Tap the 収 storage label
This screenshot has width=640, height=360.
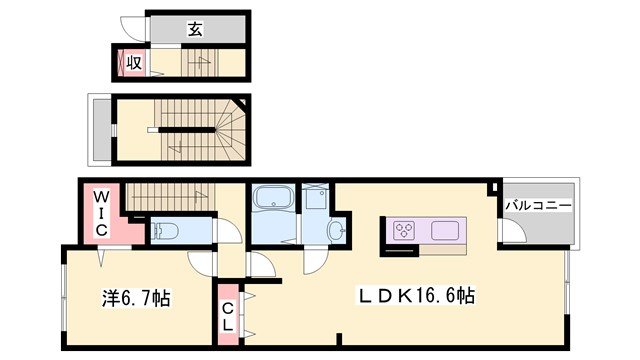click(132, 63)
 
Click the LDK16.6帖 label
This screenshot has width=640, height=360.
click(417, 297)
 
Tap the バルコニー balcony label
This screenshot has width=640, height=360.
click(538, 205)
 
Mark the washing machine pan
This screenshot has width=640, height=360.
click(315, 197)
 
